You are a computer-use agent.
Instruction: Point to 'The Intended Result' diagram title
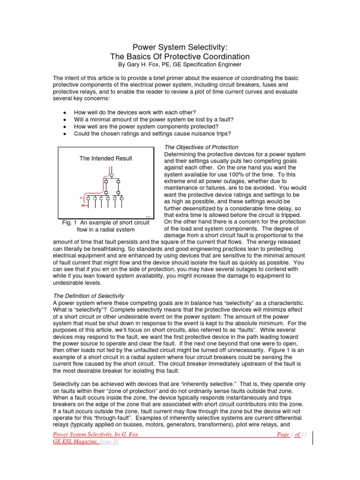click(105, 158)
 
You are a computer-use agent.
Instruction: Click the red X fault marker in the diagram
click(83, 206)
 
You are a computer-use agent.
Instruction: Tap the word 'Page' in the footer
click(284, 435)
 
